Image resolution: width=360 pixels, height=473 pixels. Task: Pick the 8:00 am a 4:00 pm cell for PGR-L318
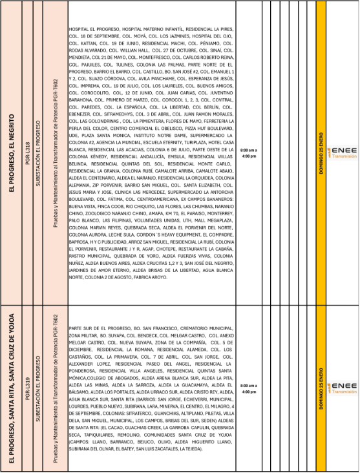pyautogui.click(x=248, y=153)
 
